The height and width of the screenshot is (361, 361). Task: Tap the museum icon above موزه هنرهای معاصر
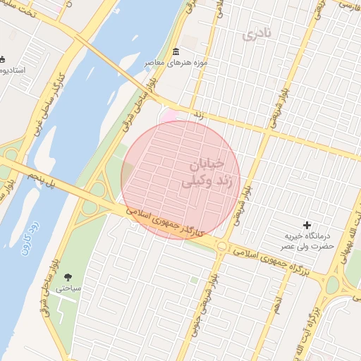pos(176,52)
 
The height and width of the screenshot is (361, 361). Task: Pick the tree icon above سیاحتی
pos(68,277)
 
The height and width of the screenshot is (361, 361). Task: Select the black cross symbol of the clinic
pos(307,225)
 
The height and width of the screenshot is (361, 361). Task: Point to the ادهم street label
pos(279,307)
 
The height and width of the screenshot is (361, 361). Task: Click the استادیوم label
pos(13,71)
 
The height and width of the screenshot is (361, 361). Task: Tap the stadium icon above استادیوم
pos(2,59)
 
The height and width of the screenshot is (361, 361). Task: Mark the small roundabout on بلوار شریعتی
pos(222,246)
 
